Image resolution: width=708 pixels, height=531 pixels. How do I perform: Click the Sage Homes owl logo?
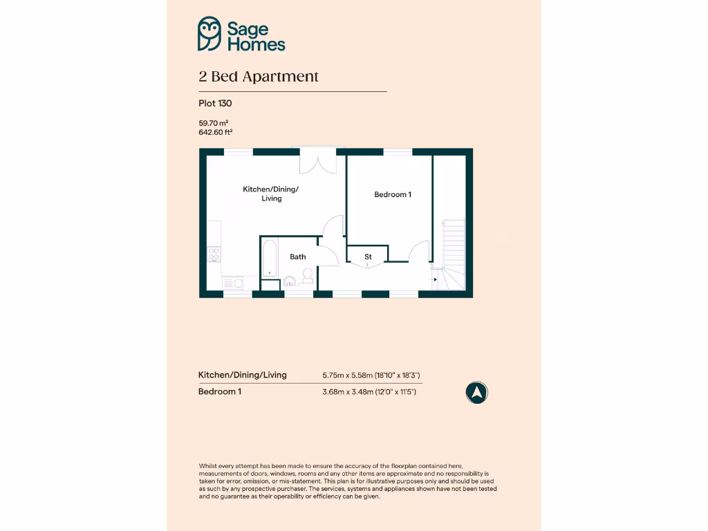[x=209, y=34]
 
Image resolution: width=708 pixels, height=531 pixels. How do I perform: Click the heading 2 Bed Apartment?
[x=259, y=77]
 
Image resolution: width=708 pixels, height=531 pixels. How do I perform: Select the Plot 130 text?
[x=215, y=104]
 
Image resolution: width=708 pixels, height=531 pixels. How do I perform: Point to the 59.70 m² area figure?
[x=213, y=123]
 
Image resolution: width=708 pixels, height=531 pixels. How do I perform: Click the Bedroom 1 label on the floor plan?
[x=393, y=194]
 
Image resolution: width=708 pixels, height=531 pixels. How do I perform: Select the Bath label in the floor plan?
[x=298, y=257]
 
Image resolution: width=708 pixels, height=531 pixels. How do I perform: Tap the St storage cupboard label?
[x=368, y=257]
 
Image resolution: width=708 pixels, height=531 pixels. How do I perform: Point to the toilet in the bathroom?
[x=307, y=277]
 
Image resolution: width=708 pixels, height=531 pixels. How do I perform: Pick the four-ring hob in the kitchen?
[x=214, y=254]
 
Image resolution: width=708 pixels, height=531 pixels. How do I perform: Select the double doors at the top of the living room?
[x=318, y=162]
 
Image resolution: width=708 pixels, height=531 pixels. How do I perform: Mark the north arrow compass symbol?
[x=476, y=393]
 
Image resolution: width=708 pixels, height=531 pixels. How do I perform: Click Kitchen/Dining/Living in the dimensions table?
[x=242, y=375]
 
